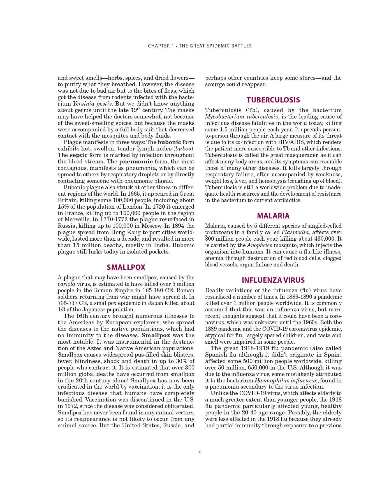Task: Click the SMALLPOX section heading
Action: coord(126,267)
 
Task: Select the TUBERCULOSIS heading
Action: coord(273,100)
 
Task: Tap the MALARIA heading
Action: coord(273,216)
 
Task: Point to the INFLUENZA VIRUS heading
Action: coord(273,280)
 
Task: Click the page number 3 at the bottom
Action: coord(200,451)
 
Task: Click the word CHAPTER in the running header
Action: coord(159,46)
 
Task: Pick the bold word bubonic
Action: coord(169,142)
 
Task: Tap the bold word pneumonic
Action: coord(136,161)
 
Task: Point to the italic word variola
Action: coord(66,284)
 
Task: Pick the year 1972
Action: coord(71,406)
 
